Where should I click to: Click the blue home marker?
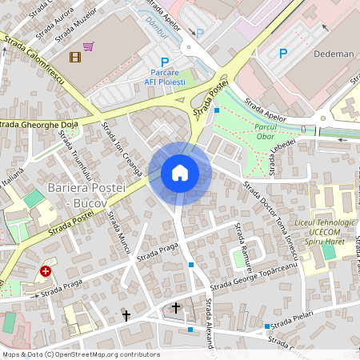[180, 173]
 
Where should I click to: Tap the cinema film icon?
[75, 57]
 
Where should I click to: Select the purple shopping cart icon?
[89, 46]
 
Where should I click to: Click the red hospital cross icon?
[46, 271]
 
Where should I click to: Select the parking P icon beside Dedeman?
[282, 54]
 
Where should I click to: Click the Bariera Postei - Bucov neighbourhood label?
[88, 194]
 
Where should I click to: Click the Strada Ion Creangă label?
[122, 149]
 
